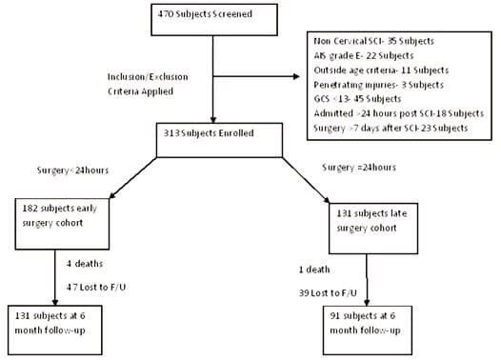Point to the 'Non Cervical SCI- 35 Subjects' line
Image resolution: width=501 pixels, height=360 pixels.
(x=373, y=41)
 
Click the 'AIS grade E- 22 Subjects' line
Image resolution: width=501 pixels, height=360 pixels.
(x=364, y=55)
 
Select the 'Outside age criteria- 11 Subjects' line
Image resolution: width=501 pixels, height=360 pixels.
(x=381, y=70)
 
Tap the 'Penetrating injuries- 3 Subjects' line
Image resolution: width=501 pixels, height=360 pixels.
(x=379, y=85)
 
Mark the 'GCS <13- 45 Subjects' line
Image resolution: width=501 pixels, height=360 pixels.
(x=357, y=99)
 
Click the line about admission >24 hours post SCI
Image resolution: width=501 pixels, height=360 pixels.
(x=399, y=113)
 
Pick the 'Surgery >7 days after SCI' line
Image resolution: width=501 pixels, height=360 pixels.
(x=391, y=128)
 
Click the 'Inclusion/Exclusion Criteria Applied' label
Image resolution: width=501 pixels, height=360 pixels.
(x=148, y=84)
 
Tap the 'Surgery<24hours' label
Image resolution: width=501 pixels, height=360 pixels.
(x=72, y=170)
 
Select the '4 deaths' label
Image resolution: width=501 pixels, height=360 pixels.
(x=85, y=264)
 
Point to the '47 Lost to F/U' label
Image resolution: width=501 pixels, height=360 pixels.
(x=96, y=288)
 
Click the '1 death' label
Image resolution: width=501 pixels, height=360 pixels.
(x=314, y=270)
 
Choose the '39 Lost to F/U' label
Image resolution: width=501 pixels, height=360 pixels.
(x=328, y=293)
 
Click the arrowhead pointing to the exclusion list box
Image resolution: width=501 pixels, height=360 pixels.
(x=296, y=76)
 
